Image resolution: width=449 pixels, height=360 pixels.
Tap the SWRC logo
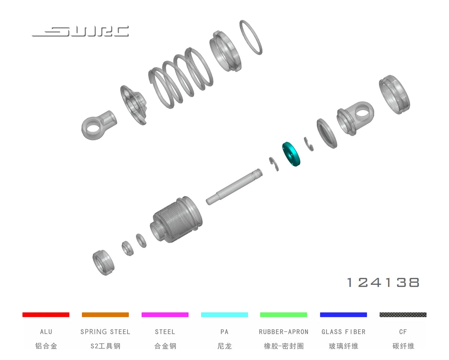click(x=80, y=31)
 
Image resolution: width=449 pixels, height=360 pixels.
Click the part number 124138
click(x=383, y=283)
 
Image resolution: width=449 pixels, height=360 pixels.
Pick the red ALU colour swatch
click(x=46, y=314)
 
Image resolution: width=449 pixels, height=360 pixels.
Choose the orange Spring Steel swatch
click(x=106, y=314)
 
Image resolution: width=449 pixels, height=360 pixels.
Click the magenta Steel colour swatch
click(x=165, y=314)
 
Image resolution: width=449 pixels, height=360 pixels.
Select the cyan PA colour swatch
click(x=224, y=314)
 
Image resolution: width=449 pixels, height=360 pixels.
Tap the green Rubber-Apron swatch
click(x=284, y=314)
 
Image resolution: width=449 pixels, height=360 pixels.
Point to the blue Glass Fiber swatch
click(x=343, y=314)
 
